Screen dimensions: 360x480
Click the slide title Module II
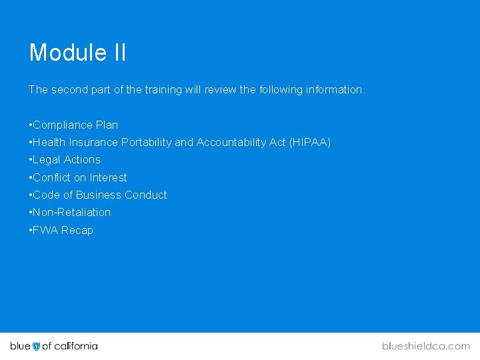pyautogui.click(x=77, y=53)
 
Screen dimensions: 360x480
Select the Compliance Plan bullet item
pyautogui.click(x=73, y=125)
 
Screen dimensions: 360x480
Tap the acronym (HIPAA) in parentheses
pyautogui.click(x=309, y=142)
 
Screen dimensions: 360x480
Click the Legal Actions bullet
pyautogui.click(x=65, y=159)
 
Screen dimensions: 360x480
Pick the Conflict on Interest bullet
pyautogui.click(x=78, y=177)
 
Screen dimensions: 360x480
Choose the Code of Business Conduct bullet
pyautogui.click(x=98, y=195)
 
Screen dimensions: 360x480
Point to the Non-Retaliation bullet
pyautogui.click(x=70, y=212)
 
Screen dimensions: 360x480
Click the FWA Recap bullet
pyautogui.click(x=61, y=230)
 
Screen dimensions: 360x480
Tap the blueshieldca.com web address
pyautogui.click(x=426, y=346)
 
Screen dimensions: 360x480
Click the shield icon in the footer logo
pyautogui.click(x=36, y=346)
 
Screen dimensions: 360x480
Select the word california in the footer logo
pyautogui.click(x=75, y=346)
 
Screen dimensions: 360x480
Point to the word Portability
pyautogui.click(x=146, y=142)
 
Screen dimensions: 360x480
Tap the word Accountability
pyautogui.click(x=228, y=142)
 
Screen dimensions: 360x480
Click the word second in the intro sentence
pyautogui.click(x=67, y=89)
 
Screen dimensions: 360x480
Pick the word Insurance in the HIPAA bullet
pyautogui.click(x=93, y=142)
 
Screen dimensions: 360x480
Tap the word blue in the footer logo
pyautogui.click(x=20, y=346)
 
